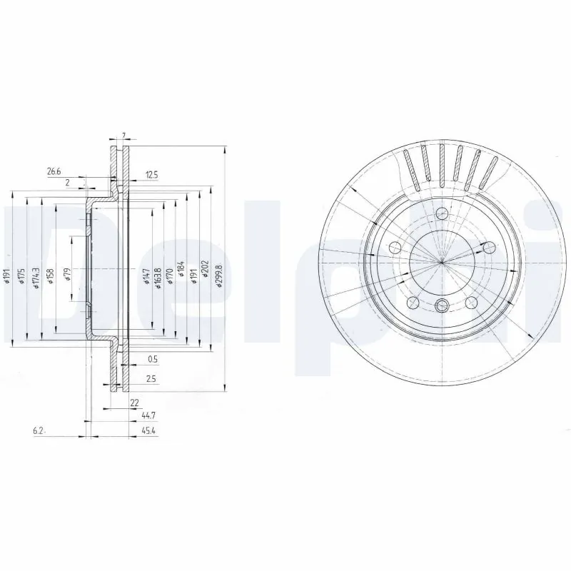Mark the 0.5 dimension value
pos(152,358)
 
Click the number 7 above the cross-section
pos(123,136)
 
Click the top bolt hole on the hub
pos(442,213)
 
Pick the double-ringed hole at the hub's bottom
pos(442,306)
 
